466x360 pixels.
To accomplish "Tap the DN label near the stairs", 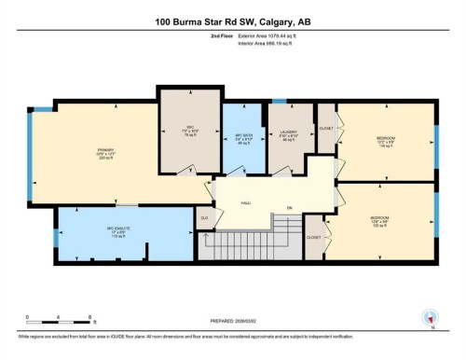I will click(x=290, y=207).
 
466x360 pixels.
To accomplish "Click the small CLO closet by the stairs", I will click(x=203, y=218).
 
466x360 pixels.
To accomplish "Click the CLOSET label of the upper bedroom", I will click(x=326, y=128).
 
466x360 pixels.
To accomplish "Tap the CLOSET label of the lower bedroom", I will click(x=314, y=238).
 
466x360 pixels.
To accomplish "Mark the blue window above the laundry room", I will click(x=279, y=101).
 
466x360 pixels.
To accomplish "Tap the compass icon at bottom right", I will click(x=430, y=317).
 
